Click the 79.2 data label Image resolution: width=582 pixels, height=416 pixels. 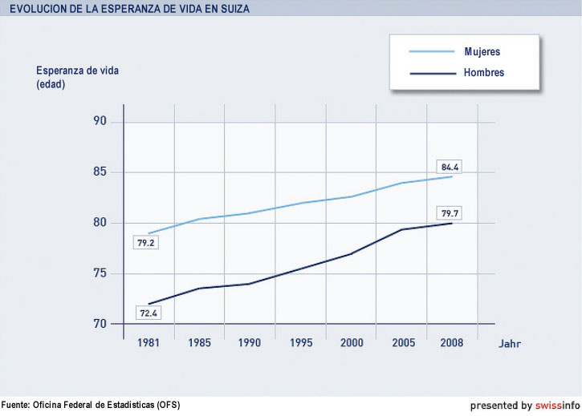click(145, 241)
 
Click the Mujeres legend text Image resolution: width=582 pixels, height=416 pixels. click(482, 52)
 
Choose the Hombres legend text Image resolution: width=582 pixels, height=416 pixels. click(484, 73)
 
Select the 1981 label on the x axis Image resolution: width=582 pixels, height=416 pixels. click(148, 343)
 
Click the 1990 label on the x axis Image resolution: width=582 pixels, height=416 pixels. click(250, 343)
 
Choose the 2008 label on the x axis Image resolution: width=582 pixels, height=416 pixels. click(453, 343)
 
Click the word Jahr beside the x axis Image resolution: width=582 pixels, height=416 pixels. click(509, 344)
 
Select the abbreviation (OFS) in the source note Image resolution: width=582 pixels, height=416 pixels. click(168, 405)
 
